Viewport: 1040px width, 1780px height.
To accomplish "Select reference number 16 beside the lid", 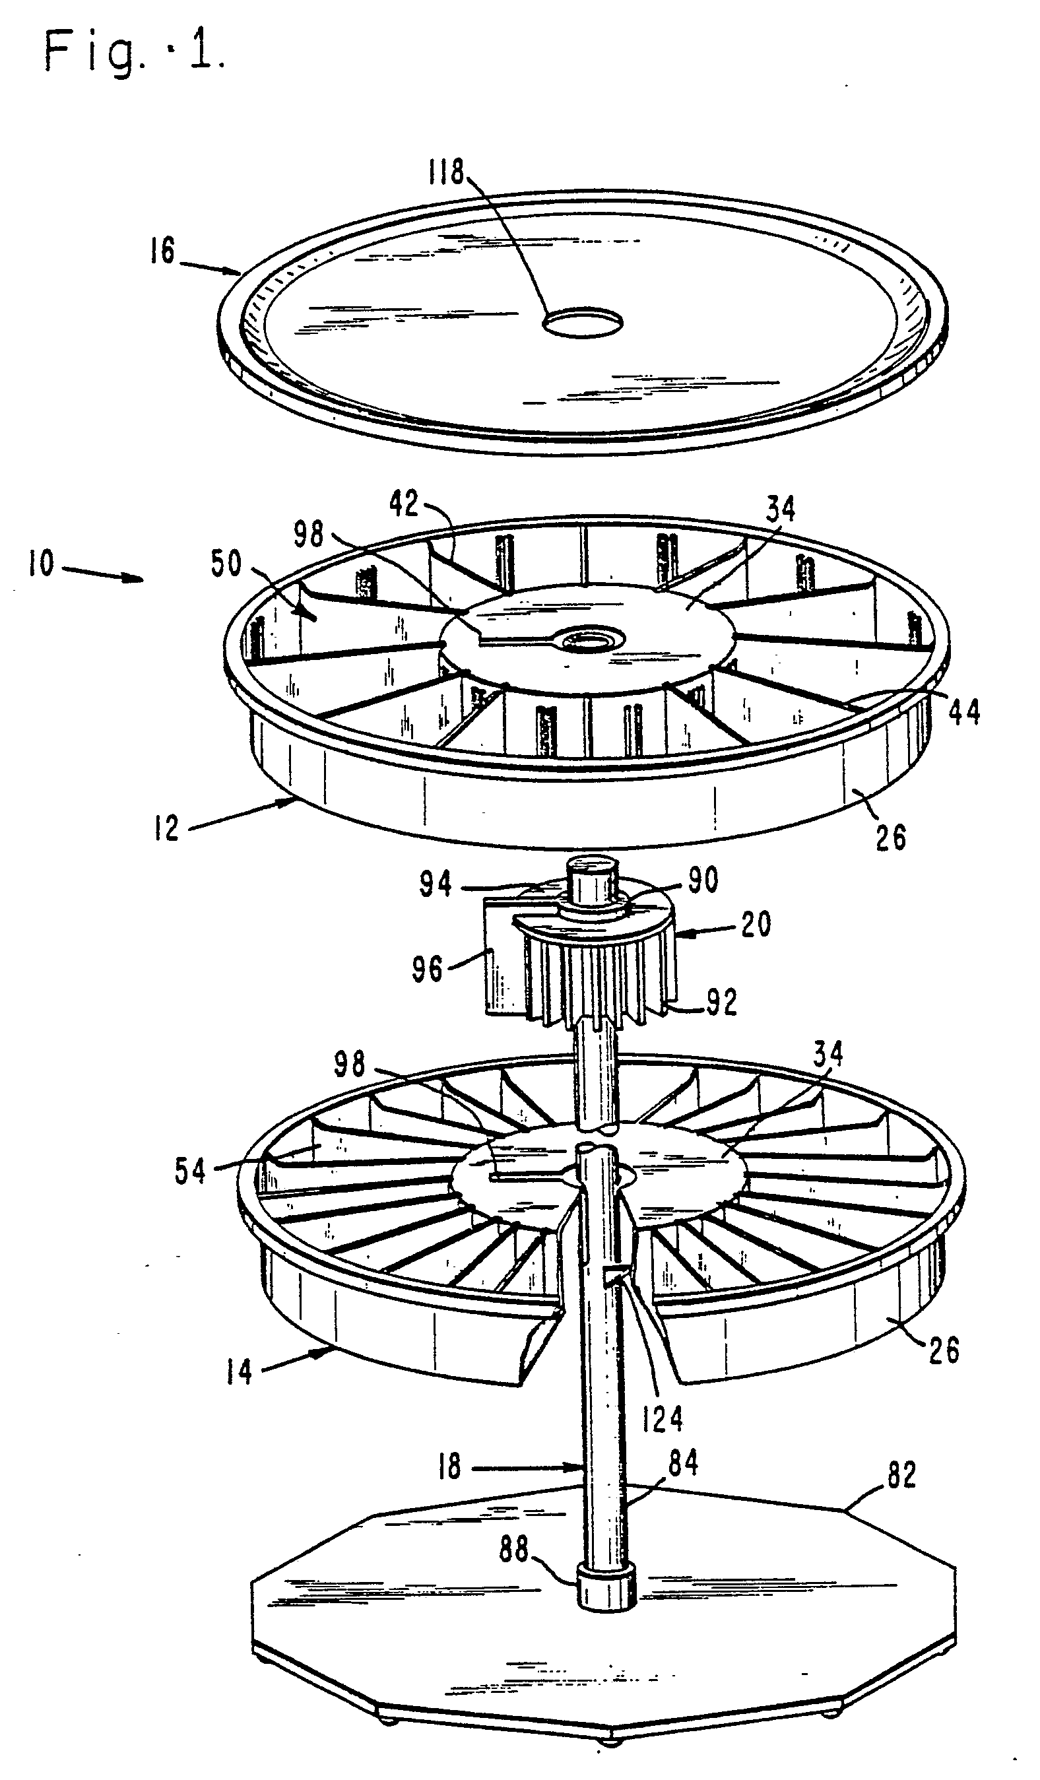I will pyautogui.click(x=162, y=251).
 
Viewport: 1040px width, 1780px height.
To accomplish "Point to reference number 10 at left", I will pyautogui.click(x=41, y=563).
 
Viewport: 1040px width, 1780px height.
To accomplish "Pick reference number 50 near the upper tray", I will pyautogui.click(x=226, y=563).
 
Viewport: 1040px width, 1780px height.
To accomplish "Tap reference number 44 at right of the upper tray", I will pyautogui.click(x=963, y=711).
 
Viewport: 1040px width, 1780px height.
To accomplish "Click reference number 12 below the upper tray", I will pyautogui.click(x=167, y=828).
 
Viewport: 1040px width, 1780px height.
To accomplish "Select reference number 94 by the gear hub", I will pyautogui.click(x=435, y=884).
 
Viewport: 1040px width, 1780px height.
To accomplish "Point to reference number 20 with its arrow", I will pyautogui.click(x=756, y=924).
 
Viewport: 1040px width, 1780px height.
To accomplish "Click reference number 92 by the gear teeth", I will pyautogui.click(x=721, y=1002).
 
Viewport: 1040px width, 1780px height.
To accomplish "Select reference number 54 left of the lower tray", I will pyautogui.click(x=190, y=1171).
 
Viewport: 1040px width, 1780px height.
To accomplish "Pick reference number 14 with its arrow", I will pyautogui.click(x=239, y=1371).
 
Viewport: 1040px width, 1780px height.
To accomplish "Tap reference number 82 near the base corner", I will pyautogui.click(x=901, y=1476).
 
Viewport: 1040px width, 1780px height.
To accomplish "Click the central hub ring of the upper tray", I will pyautogui.click(x=588, y=641).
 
